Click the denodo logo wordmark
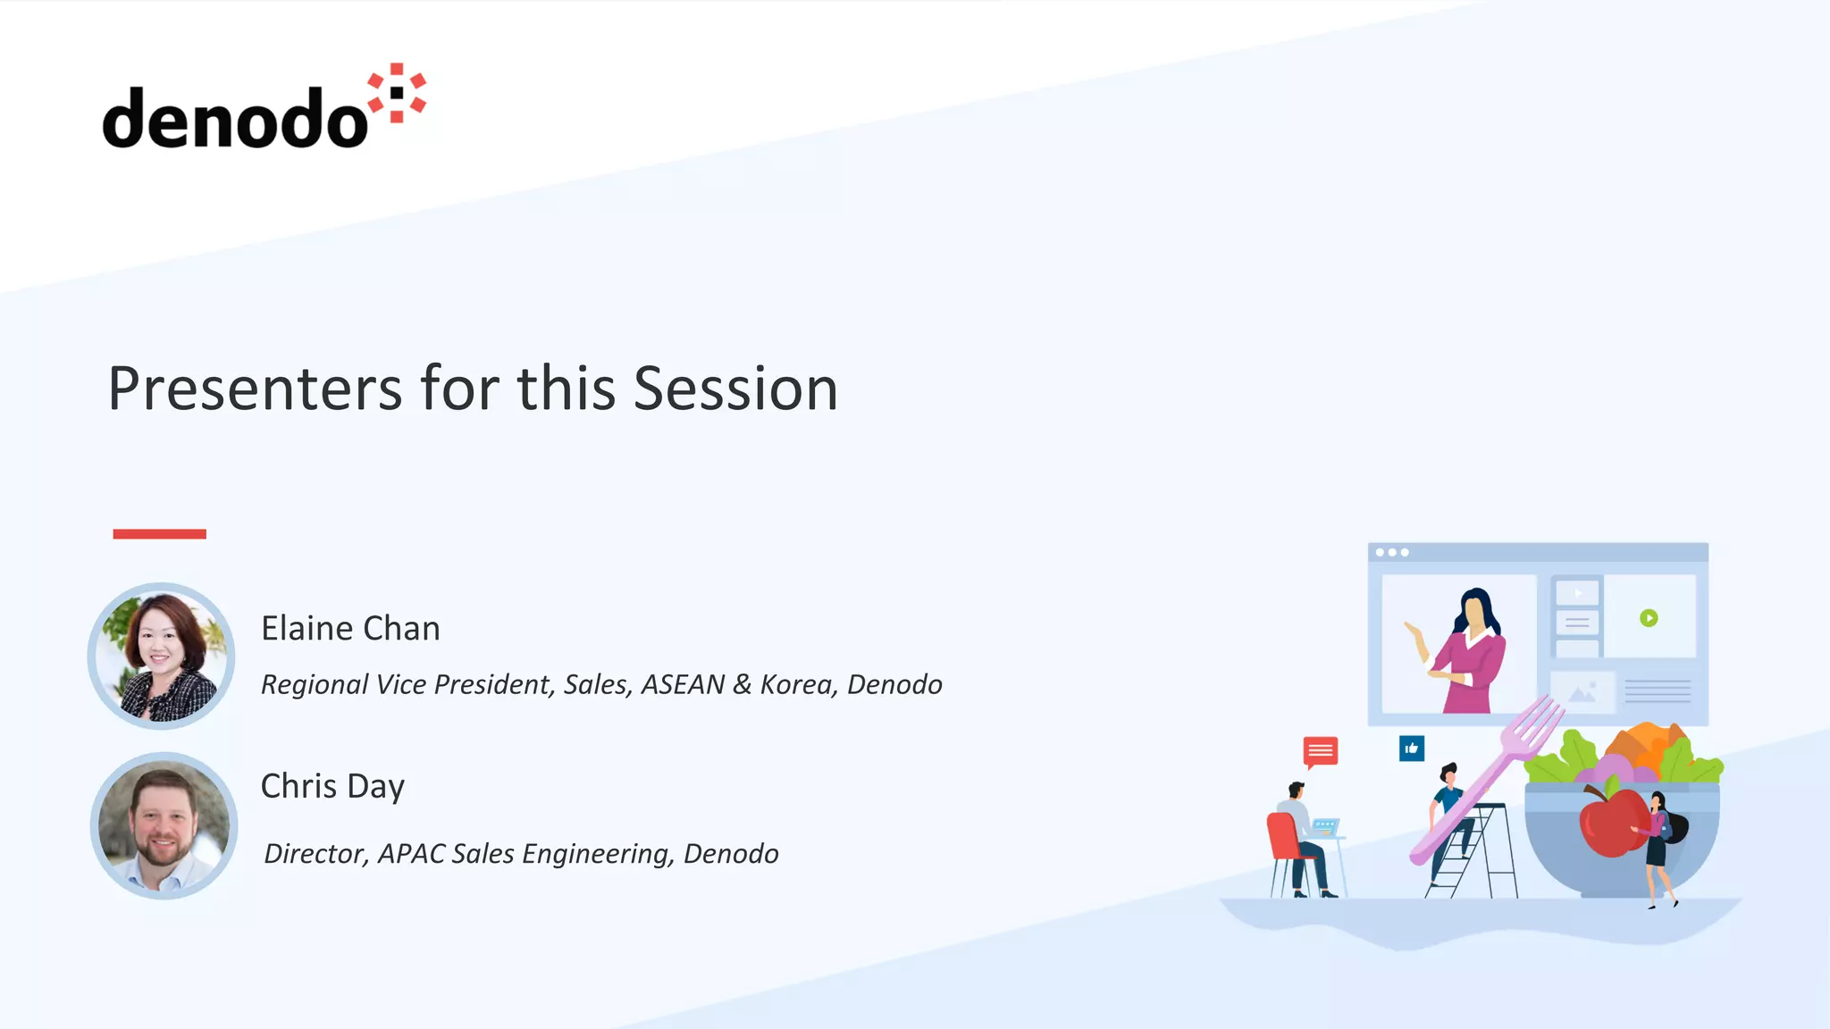coord(234,119)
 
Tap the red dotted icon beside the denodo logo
coord(398,93)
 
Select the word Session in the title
coord(735,389)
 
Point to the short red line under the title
coord(159,534)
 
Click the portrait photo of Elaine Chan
coord(162,657)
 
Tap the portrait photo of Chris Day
coord(164,825)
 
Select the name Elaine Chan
coord(350,629)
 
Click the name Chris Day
coord(332,786)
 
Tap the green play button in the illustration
coord(1649,618)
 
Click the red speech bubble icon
coord(1320,751)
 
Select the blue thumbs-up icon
coord(1412,749)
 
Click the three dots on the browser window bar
coord(1391,553)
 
